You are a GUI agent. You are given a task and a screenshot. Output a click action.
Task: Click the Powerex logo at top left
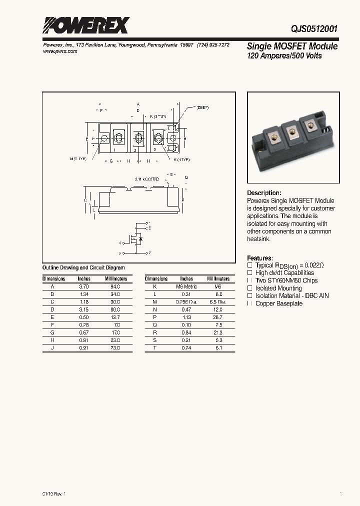[85, 25]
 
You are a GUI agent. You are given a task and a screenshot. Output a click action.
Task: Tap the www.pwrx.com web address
[57, 51]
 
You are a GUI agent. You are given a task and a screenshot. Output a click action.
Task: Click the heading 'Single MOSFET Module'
[292, 46]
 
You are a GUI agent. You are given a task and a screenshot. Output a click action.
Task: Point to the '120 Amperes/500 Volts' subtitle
[284, 56]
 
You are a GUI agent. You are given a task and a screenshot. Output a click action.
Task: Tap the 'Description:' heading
[264, 193]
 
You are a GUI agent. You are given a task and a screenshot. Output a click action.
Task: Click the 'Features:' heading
[260, 258]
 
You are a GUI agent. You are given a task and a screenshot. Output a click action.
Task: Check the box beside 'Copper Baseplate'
[250, 303]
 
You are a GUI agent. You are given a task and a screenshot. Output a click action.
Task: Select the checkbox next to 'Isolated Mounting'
[250, 288]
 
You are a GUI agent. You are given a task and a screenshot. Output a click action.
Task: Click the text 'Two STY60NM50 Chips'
[286, 281]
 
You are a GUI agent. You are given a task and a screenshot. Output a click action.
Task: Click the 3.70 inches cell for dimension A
[83, 286]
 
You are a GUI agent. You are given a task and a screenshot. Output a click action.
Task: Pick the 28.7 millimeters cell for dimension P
[217, 317]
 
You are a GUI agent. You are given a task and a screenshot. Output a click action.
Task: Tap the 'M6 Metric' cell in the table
[186, 286]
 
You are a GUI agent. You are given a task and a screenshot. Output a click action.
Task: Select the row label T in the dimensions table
[155, 347]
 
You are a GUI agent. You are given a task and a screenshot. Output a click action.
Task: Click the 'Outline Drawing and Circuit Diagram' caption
[83, 268]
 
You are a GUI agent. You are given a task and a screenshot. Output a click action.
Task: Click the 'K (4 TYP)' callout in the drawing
[181, 159]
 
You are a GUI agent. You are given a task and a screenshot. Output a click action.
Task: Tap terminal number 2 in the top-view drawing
[134, 149]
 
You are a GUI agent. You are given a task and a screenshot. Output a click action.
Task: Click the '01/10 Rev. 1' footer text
[51, 493]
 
